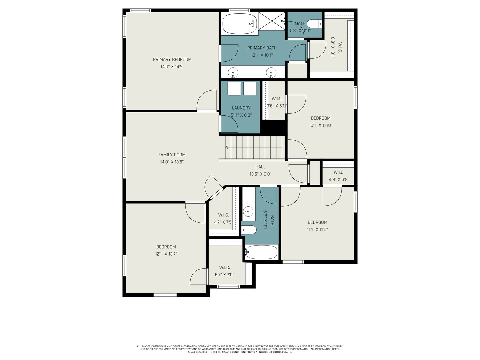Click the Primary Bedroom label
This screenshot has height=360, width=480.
(x=172, y=60)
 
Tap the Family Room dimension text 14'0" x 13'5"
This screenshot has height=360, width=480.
(x=172, y=162)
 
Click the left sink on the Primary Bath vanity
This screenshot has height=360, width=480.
(x=233, y=72)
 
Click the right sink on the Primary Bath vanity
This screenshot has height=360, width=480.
(x=271, y=72)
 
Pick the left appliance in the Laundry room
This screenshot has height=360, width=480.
(x=234, y=89)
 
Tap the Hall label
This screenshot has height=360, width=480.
(x=260, y=167)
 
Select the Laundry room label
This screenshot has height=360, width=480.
(x=241, y=108)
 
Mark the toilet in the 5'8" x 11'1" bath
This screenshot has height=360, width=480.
(x=249, y=230)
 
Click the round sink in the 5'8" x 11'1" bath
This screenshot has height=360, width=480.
(x=248, y=211)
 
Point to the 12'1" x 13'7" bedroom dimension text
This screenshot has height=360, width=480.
(x=166, y=254)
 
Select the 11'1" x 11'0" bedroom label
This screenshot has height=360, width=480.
(x=317, y=222)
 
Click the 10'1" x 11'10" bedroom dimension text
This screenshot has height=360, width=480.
(x=321, y=126)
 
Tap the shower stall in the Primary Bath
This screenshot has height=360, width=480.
(x=272, y=21)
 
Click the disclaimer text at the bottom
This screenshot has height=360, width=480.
(x=240, y=349)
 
